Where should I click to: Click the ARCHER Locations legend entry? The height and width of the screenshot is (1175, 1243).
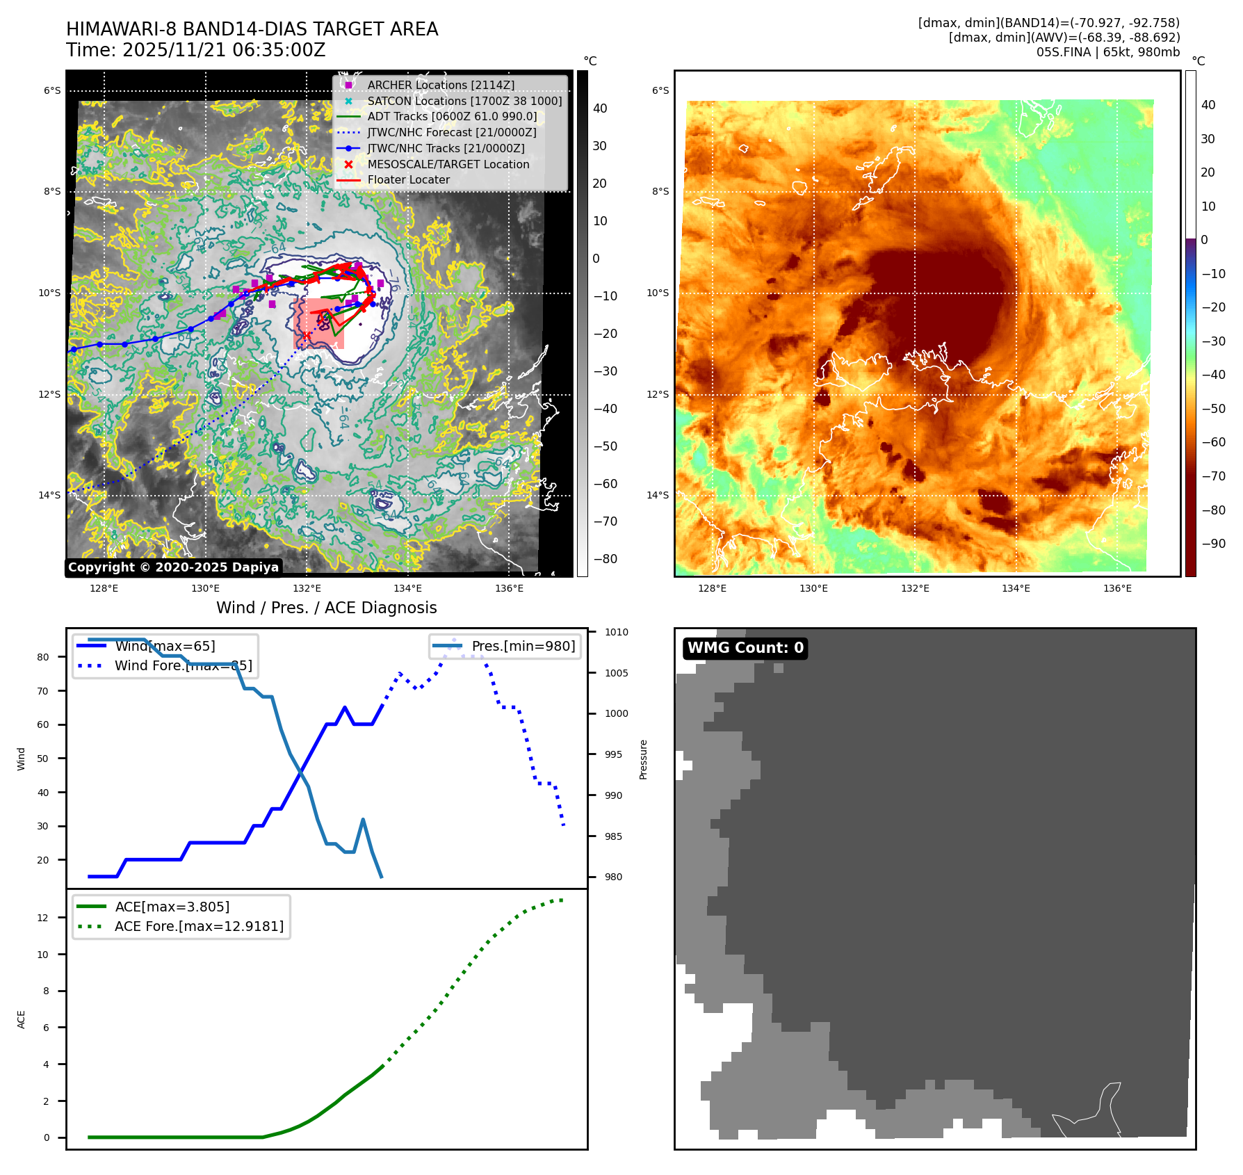pyautogui.click(x=441, y=85)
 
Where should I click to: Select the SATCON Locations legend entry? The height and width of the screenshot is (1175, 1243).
pyautogui.click(x=464, y=101)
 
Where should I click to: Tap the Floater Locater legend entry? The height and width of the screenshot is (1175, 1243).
pyautogui.click(x=408, y=179)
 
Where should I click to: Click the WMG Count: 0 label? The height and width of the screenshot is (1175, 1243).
pyautogui.click(x=745, y=648)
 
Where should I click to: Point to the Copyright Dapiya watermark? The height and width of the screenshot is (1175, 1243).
pyautogui.click(x=173, y=567)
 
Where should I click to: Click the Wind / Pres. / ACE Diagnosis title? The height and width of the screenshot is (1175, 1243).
pyautogui.click(x=327, y=608)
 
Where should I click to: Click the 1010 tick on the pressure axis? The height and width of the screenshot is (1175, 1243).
pyautogui.click(x=616, y=632)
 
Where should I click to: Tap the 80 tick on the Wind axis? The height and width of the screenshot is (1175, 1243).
pyautogui.click(x=43, y=657)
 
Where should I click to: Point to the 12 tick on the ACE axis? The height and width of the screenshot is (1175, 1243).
pyautogui.click(x=43, y=918)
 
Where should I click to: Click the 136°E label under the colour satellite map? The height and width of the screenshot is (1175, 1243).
pyautogui.click(x=1117, y=588)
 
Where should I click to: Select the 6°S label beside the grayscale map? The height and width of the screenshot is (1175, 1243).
pyautogui.click(x=52, y=90)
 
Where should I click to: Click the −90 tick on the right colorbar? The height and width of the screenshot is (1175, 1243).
pyautogui.click(x=1213, y=544)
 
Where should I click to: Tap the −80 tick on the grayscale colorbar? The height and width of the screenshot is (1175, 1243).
pyautogui.click(x=605, y=559)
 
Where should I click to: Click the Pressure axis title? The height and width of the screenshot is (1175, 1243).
pyautogui.click(x=643, y=759)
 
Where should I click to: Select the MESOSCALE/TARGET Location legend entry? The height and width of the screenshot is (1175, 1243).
pyautogui.click(x=448, y=164)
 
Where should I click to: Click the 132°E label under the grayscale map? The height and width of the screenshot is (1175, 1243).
pyautogui.click(x=307, y=588)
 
